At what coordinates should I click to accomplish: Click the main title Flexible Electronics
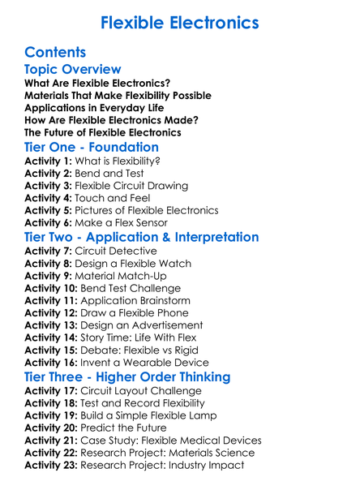pos(179,22)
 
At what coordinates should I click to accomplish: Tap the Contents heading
pos(55,52)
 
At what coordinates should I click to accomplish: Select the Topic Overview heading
pos(73,70)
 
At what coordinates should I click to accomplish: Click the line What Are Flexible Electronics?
pos(97,84)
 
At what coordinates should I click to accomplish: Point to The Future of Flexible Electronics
pos(103,132)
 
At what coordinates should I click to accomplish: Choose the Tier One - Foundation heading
pos(92,148)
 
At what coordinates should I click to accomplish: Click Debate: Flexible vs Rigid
pos(146,350)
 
